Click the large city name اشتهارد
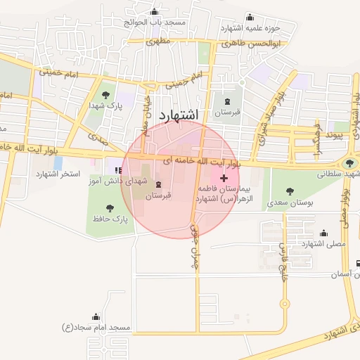tap(179, 114)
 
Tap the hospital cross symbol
tap(224, 179)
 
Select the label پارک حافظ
tap(110, 219)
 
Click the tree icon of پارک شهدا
tap(106, 94)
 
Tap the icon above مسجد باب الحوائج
tap(154, 12)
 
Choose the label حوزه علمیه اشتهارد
tap(250, 28)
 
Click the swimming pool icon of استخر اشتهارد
tap(58, 162)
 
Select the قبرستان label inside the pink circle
tap(159, 196)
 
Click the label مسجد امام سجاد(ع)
tap(96, 328)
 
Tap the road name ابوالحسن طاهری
tap(252, 43)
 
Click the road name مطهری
tap(159, 42)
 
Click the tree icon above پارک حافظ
tap(110, 208)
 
